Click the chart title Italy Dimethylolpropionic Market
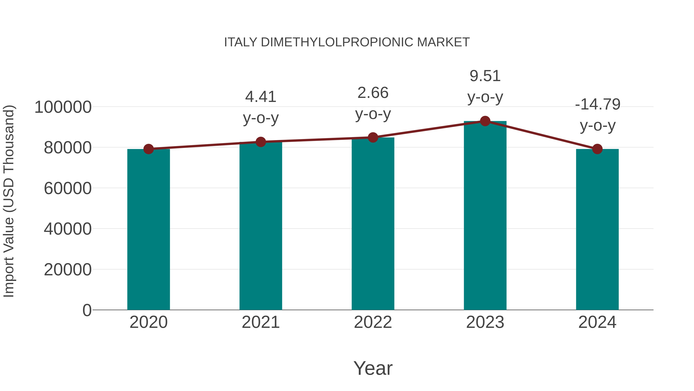(347, 42)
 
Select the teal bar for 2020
(148, 229)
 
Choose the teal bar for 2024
(597, 229)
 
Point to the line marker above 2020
(148, 149)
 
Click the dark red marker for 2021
(260, 142)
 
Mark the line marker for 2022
(373, 138)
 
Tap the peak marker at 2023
(485, 121)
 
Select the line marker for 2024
(597, 149)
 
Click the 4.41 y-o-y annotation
(260, 107)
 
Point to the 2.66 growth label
(373, 103)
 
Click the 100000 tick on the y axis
(63, 107)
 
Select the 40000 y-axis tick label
(68, 229)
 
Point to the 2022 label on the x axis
(373, 322)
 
